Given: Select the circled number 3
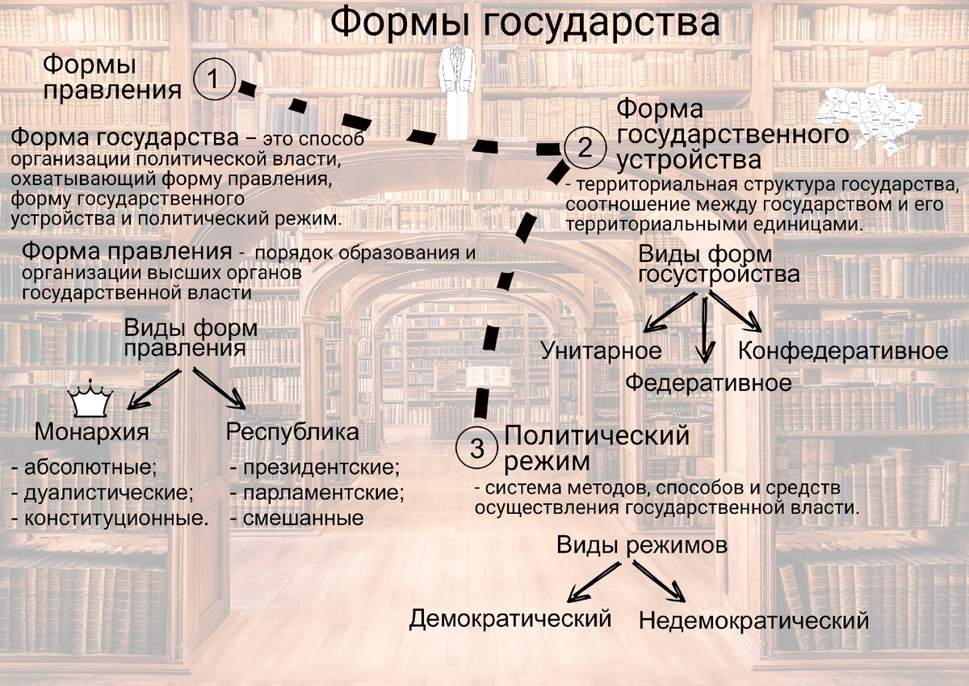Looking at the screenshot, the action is click(x=477, y=448).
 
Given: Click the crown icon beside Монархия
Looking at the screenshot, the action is click(x=90, y=400).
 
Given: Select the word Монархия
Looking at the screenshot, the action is click(x=91, y=432).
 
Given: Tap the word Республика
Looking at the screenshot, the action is click(x=292, y=431).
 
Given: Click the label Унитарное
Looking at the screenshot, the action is click(x=601, y=351).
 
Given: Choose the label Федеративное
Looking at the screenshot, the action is click(x=709, y=382).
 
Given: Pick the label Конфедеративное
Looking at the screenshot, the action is click(x=843, y=351).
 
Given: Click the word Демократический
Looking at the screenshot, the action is click(x=510, y=619).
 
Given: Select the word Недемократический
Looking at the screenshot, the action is click(x=753, y=621).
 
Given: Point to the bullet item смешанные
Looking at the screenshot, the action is click(x=296, y=518).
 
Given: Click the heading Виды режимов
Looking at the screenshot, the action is click(x=641, y=545).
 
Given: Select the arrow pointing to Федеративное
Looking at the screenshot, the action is click(x=707, y=331).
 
